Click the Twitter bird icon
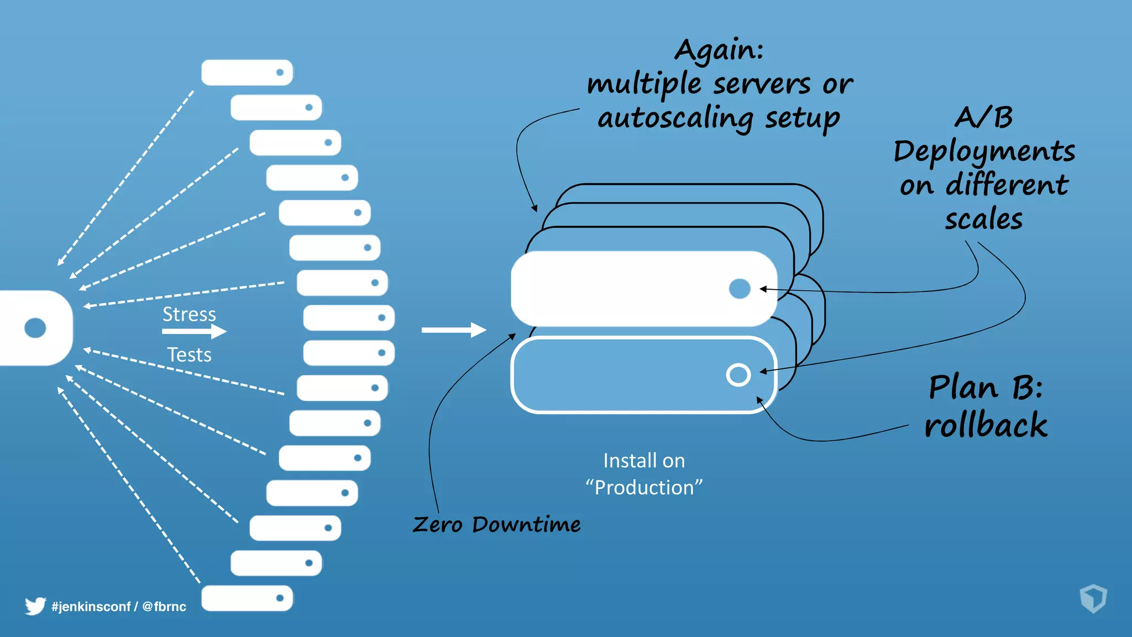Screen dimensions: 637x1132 [35, 606]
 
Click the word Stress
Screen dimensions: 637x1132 [189, 314]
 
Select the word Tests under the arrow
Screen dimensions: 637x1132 [189, 354]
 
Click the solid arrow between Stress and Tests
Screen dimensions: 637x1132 [194, 331]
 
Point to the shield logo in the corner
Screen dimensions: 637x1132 [1093, 598]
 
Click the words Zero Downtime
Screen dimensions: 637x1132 [496, 524]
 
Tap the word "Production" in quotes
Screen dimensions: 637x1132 [644, 488]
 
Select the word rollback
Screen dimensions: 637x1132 [986, 425]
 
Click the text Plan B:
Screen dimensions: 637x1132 [985, 387]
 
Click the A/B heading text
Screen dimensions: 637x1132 [984, 117]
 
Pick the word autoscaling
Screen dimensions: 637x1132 [675, 118]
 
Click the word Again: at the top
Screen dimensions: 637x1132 [719, 50]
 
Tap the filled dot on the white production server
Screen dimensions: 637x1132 [740, 289]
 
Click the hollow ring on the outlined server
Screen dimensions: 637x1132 [738, 375]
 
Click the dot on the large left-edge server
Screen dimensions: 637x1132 [35, 328]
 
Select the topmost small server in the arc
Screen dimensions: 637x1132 [247, 72]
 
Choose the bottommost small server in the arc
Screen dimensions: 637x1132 [247, 598]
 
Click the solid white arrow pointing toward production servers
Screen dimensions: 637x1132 [453, 330]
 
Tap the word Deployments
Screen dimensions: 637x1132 [984, 152]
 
